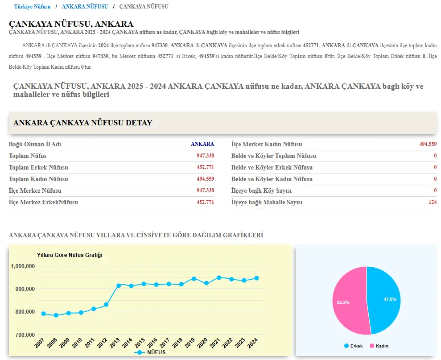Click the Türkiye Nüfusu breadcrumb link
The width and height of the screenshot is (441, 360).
click(x=32, y=7)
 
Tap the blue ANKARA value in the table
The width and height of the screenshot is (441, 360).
click(x=202, y=144)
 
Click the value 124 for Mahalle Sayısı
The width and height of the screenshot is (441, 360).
click(x=433, y=202)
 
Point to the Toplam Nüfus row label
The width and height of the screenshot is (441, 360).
click(x=28, y=156)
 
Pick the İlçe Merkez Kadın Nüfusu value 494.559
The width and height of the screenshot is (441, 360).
click(x=428, y=144)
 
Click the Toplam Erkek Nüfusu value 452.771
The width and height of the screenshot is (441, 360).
click(x=205, y=167)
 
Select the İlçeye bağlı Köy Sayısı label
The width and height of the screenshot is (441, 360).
click(x=261, y=190)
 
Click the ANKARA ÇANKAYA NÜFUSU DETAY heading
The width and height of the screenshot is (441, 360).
click(x=83, y=123)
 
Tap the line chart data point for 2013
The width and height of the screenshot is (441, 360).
click(x=119, y=286)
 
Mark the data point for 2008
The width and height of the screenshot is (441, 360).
click(x=56, y=315)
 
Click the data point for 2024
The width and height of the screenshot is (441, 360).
click(x=256, y=278)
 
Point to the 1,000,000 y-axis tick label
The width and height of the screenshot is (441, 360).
click(x=22, y=266)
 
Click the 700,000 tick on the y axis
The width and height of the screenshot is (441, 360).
click(x=22, y=335)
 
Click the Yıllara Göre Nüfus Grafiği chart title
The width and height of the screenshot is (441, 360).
click(x=70, y=255)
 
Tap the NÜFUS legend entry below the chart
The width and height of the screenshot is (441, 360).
click(x=151, y=352)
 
